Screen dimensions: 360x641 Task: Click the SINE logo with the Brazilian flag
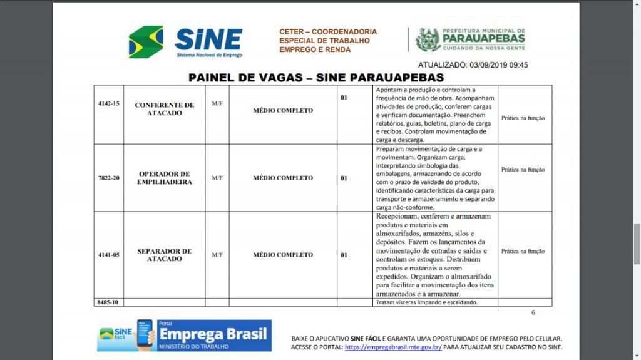[185, 41]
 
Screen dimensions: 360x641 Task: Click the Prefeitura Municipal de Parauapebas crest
[428, 39]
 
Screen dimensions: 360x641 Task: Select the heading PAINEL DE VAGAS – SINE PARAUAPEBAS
[316, 78]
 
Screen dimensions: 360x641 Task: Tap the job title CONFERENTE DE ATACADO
[165, 109]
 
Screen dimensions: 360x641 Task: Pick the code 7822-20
[109, 178]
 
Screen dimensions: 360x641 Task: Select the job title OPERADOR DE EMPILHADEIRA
[165, 178]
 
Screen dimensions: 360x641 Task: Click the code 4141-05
[109, 255]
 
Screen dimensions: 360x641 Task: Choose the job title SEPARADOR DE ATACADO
[165, 255]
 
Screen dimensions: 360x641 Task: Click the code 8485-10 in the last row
[108, 302]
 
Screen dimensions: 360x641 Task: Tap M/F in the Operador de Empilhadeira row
[217, 178]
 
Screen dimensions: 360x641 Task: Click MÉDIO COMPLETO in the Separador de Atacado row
[283, 255]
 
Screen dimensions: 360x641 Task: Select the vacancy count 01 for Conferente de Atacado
[344, 98]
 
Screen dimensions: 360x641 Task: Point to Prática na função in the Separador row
[523, 251]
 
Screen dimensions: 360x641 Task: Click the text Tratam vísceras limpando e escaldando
[426, 302]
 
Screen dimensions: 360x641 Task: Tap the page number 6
[533, 312]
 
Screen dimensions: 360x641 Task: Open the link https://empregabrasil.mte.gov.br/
[393, 347]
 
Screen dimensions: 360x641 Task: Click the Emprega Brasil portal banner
[184, 336]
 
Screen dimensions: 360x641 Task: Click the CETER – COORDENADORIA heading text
[328, 31]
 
